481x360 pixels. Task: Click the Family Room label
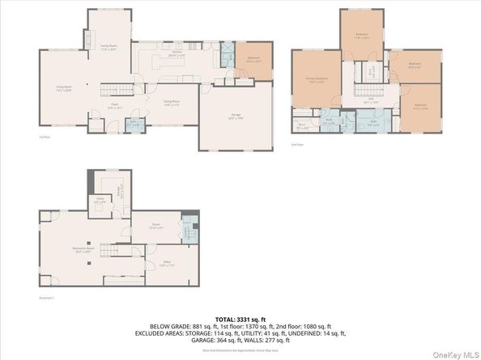(109, 48)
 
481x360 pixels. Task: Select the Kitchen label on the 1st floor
(174, 55)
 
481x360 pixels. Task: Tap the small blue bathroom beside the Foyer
(136, 125)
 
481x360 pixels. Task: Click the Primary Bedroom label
(315, 80)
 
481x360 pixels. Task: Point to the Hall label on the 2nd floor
(370, 100)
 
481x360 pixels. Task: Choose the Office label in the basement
(166, 265)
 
